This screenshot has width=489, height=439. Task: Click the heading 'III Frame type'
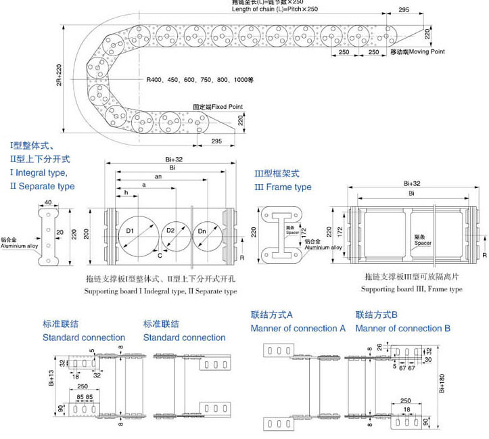pyautogui.click(x=283, y=187)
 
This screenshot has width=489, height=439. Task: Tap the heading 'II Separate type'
pyautogui.click(x=42, y=186)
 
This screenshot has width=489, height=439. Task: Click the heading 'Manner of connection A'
pyautogui.click(x=298, y=328)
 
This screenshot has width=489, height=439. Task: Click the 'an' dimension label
pyautogui.click(x=158, y=176)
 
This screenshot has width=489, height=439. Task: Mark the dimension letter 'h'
pyautogui.click(x=126, y=193)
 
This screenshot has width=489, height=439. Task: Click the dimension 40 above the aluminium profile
pyautogui.click(x=48, y=202)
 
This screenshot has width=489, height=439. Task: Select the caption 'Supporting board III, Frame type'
pyautogui.click(x=411, y=290)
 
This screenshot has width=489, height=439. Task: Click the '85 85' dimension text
pyautogui.click(x=85, y=396)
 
